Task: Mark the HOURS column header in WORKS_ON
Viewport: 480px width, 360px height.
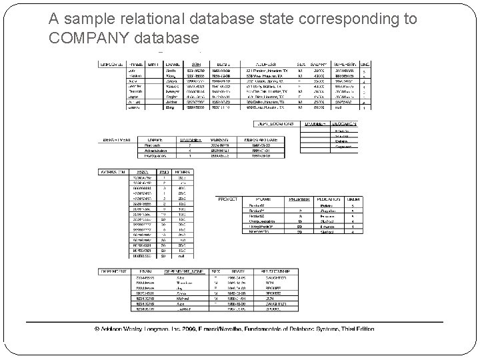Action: (x=183, y=172)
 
